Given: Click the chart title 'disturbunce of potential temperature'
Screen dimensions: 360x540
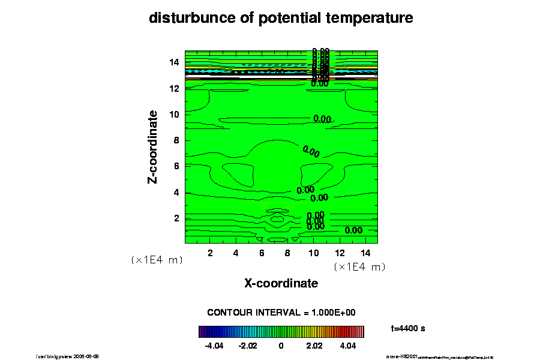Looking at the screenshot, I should (281, 19).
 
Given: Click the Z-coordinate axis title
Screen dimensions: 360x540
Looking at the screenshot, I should (153, 146).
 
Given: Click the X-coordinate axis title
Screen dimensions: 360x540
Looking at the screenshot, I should (281, 283).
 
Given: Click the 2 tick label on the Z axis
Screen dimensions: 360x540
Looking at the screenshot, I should (177, 218).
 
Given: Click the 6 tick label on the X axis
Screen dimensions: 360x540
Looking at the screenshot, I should (262, 253).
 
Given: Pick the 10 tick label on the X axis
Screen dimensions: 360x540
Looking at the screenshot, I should (313, 253).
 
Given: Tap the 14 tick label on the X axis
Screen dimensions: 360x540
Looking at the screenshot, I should (365, 253).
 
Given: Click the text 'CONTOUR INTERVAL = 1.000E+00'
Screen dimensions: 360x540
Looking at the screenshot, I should (281, 313).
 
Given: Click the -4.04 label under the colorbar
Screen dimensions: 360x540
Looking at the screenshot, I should (214, 346).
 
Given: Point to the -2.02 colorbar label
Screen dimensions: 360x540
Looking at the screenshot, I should (247, 346).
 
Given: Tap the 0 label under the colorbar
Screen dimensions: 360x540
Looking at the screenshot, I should (281, 346).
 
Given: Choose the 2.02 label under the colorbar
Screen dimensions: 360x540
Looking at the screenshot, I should (314, 346).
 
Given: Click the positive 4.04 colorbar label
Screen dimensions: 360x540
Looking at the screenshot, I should (348, 346).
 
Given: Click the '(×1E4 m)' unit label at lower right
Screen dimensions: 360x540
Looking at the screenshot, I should (359, 267).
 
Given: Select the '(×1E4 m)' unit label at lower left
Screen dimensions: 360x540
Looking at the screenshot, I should (157, 260).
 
